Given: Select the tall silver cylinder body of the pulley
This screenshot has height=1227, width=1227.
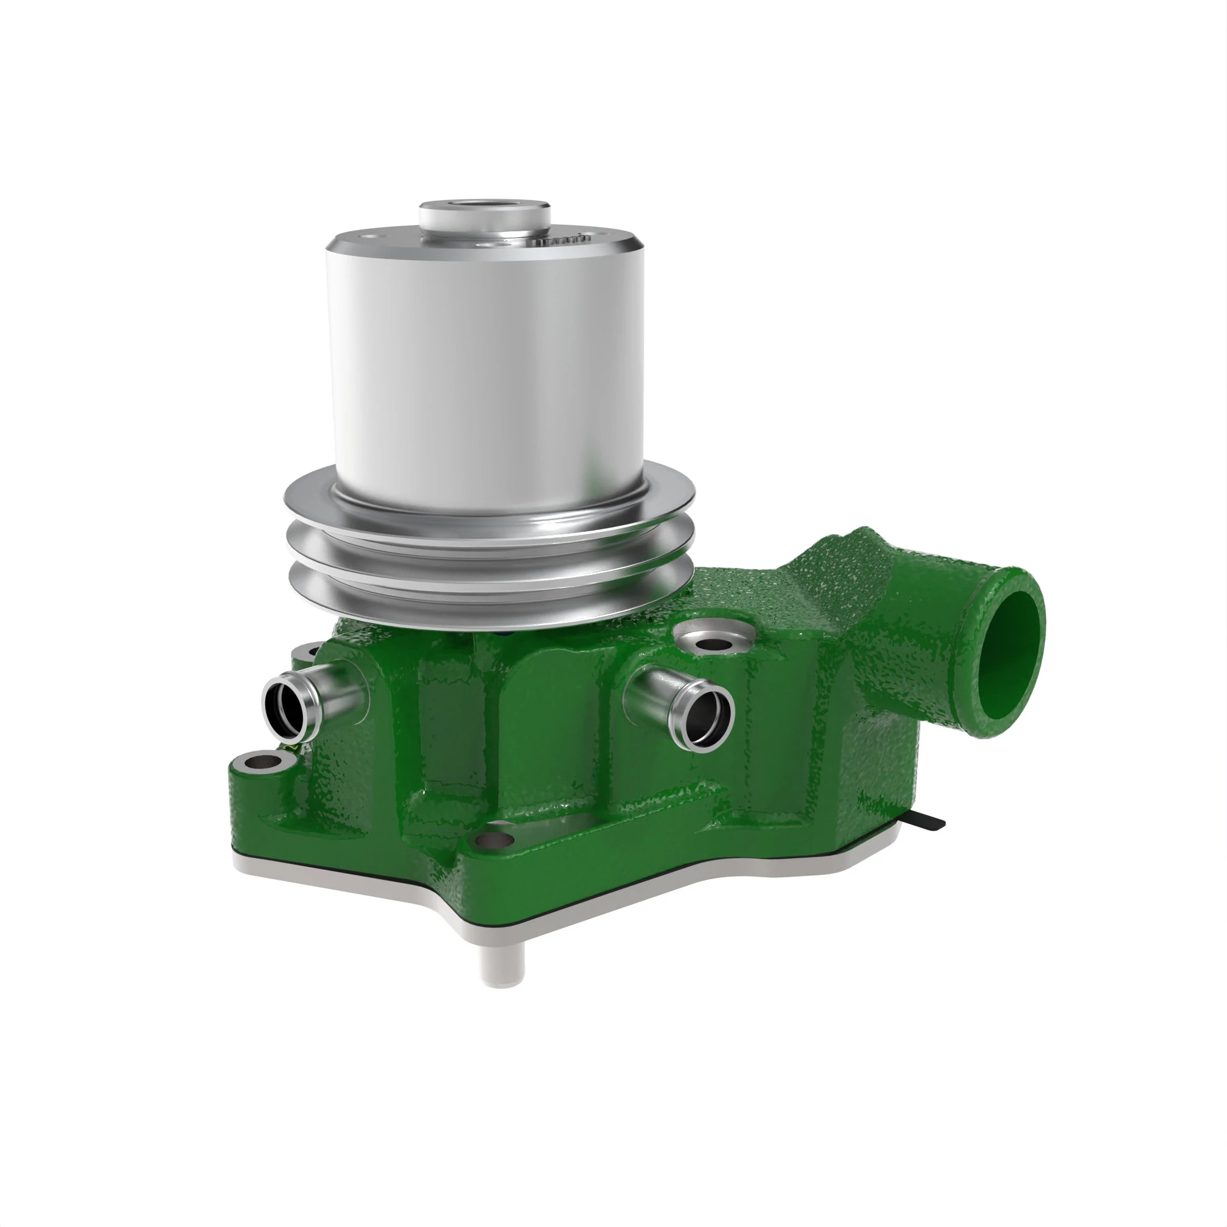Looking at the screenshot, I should [483, 368].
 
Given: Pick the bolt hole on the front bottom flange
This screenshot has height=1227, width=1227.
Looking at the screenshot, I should [494, 841].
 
